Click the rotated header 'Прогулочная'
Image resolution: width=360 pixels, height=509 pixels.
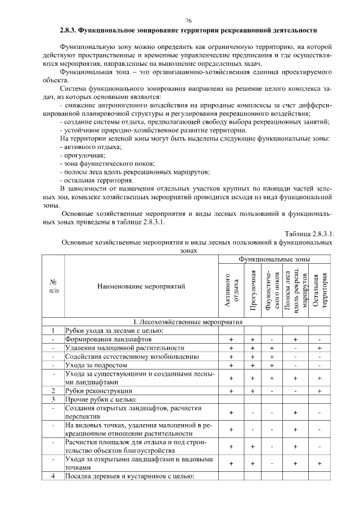click(x=253, y=290)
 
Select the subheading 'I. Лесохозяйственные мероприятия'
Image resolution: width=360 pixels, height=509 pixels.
click(x=188, y=322)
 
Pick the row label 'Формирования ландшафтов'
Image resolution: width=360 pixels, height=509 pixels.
click(x=108, y=340)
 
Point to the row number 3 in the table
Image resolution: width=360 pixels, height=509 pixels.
click(x=52, y=399)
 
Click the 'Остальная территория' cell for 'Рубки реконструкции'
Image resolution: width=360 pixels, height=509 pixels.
click(x=319, y=390)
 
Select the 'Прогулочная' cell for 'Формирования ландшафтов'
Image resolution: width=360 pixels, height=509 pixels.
click(x=253, y=340)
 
